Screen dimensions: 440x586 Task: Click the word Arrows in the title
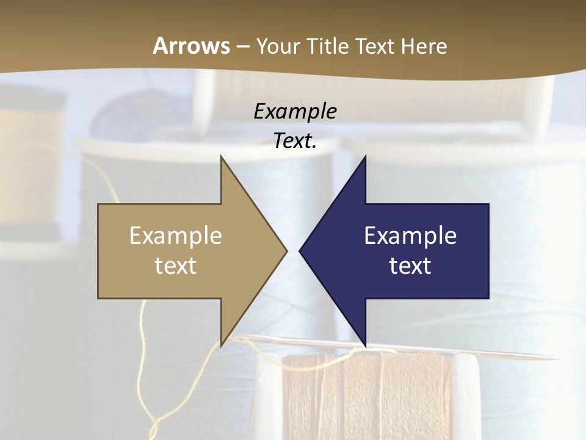tap(191, 46)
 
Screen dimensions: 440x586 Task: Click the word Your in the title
tap(277, 46)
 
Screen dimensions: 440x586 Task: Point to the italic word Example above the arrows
tap(295, 111)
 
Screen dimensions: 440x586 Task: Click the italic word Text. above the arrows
tap(295, 141)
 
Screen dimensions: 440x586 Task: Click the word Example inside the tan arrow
tap(176, 235)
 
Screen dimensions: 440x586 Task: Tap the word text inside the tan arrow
tap(176, 265)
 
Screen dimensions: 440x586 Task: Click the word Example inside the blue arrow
tap(410, 235)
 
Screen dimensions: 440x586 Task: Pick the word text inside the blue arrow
tap(410, 265)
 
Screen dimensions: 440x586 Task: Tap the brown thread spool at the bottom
tap(366, 397)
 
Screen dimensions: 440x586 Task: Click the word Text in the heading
tap(376, 46)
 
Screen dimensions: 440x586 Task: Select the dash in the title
tap(242, 46)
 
